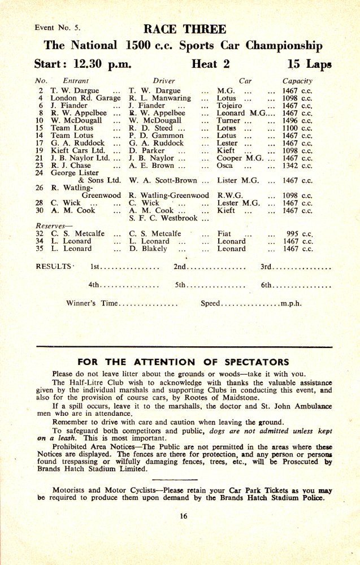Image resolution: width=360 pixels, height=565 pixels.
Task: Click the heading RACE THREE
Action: (184, 29)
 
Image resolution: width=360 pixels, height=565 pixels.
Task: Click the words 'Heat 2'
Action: (210, 64)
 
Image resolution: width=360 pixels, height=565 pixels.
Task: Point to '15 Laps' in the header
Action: (309, 64)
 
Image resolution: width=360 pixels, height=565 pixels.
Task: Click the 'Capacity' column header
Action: (297, 81)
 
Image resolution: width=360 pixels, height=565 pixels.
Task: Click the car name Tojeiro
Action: (229, 105)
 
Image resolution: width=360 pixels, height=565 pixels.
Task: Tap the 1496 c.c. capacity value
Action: (297, 120)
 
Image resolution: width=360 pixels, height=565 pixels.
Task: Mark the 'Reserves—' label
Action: (51, 225)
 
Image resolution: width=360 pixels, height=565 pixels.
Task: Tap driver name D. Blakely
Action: (148, 248)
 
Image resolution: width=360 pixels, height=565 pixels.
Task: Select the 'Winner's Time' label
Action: (92, 303)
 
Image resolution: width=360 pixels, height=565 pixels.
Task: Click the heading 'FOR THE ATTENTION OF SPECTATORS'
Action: (183, 362)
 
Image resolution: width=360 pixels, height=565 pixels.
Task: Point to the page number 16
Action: (184, 515)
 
